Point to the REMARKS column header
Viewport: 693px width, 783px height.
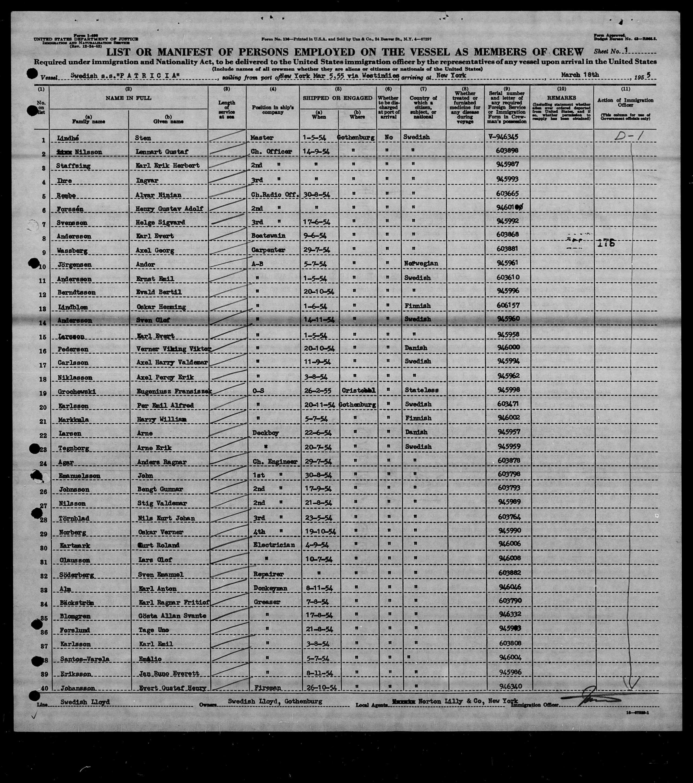pos(561,98)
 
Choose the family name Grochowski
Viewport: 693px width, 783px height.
pos(77,391)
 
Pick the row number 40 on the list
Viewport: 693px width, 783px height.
pos(44,688)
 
